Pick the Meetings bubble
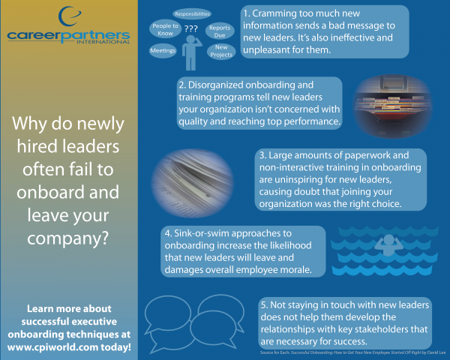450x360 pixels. click(163, 51)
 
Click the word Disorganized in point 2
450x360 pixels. click(216, 85)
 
